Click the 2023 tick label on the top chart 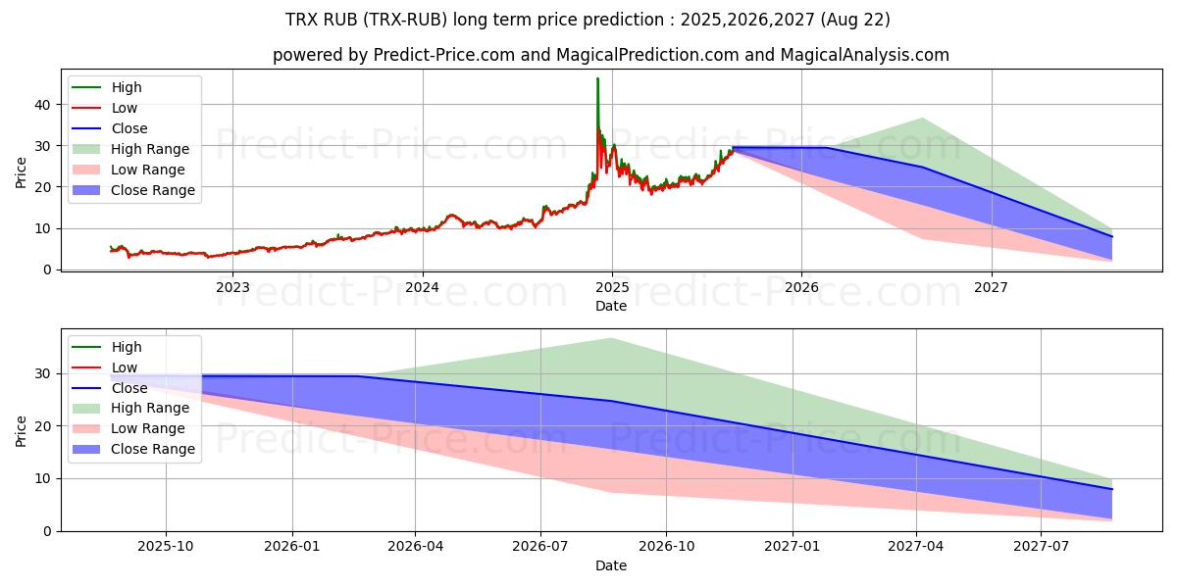coord(232,287)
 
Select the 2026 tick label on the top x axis coord(801,287)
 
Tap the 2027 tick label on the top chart coord(991,287)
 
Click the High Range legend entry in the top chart coord(150,149)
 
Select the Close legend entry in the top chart coord(129,128)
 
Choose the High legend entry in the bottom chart coord(127,347)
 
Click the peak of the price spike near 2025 coord(597,78)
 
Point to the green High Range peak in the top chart coord(922,119)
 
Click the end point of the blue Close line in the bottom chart coord(1112,489)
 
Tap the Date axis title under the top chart coord(611,306)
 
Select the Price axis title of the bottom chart coord(22,430)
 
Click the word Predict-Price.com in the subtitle coord(444,55)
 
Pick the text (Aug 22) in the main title coord(860,20)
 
